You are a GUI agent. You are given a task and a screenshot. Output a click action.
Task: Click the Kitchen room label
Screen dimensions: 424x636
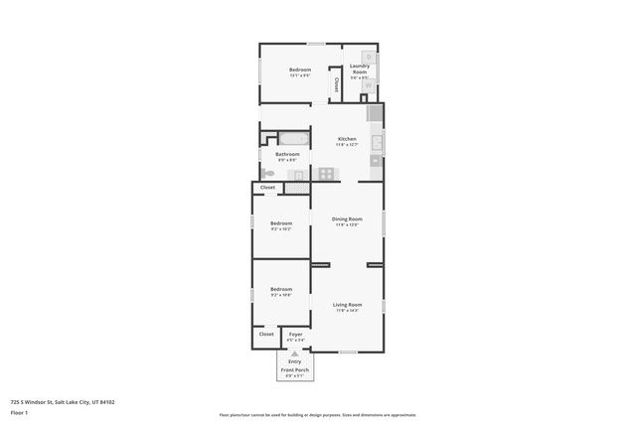click(347, 139)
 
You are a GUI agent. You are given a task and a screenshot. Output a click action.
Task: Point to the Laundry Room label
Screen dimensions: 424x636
click(359, 70)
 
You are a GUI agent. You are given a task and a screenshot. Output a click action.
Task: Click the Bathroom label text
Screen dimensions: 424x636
click(288, 154)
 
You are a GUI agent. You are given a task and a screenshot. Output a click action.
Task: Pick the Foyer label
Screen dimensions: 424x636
click(295, 335)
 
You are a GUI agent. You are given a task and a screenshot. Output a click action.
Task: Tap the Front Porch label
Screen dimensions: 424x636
click(295, 370)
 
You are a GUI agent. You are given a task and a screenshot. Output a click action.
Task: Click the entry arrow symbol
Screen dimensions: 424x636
click(295, 353)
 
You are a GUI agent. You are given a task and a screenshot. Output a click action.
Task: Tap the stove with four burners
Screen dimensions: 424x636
click(325, 174)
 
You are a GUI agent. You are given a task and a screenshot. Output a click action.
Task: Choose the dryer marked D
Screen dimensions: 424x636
click(369, 57)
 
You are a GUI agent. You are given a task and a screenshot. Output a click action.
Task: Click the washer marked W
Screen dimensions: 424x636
click(369, 85)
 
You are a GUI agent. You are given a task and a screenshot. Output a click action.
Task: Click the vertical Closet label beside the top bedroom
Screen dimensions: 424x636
click(336, 84)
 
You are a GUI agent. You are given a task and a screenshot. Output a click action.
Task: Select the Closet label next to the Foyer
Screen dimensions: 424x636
click(266, 335)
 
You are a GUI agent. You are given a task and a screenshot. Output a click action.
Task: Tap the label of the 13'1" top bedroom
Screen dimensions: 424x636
click(300, 70)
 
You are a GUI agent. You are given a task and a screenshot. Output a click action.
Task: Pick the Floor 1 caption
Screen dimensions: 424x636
click(19, 412)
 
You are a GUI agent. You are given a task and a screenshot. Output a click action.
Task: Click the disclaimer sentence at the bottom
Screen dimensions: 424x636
click(317, 415)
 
